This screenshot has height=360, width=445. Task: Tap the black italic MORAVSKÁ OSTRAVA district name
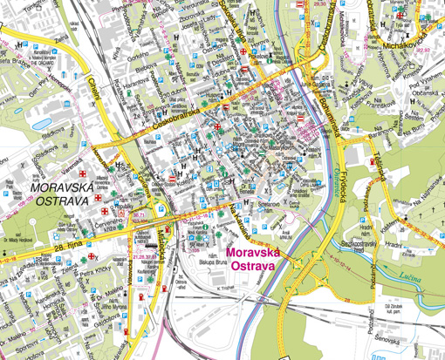[59, 194]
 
